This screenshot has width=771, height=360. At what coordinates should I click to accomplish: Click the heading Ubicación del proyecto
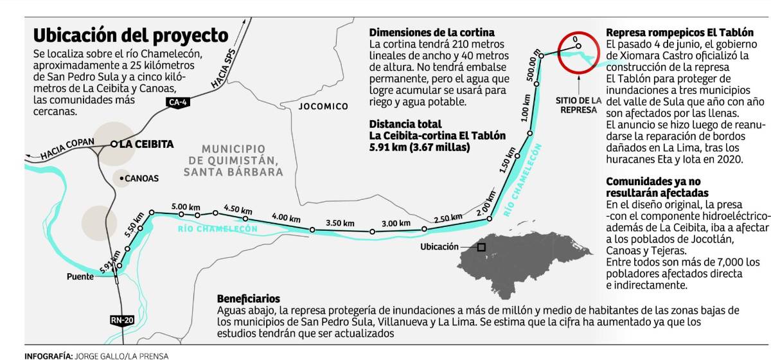pyautogui.click(x=130, y=35)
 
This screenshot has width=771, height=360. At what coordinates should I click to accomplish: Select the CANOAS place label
pyautogui.click(x=141, y=178)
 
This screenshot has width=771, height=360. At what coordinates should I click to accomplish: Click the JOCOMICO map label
pyautogui.click(x=323, y=106)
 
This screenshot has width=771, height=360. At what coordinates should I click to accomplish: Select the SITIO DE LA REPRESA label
pyautogui.click(x=579, y=105)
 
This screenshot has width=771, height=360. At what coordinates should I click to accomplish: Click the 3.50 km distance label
pyautogui.click(x=340, y=223)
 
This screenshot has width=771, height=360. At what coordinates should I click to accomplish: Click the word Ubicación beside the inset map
pyautogui.click(x=439, y=247)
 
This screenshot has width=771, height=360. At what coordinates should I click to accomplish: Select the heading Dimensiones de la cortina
pyautogui.click(x=432, y=33)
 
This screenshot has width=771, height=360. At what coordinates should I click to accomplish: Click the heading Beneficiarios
pyautogui.click(x=249, y=299)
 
